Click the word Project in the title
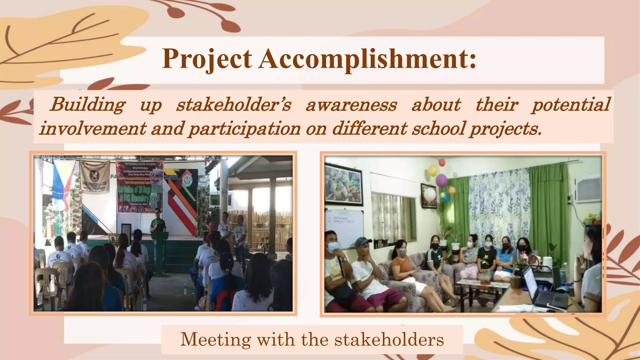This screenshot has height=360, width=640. [207, 59]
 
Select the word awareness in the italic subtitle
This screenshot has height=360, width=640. [351, 105]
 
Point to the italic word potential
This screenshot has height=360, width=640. [571, 105]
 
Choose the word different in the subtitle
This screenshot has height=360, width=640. [369, 128]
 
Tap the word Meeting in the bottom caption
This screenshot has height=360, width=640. [216, 339]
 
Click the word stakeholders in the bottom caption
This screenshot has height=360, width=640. [389, 339]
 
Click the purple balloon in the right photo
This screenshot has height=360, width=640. [441, 180]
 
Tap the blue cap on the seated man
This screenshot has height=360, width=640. [362, 241]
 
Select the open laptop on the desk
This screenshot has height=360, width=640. [544, 289]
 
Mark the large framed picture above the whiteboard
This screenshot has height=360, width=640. [343, 185]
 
